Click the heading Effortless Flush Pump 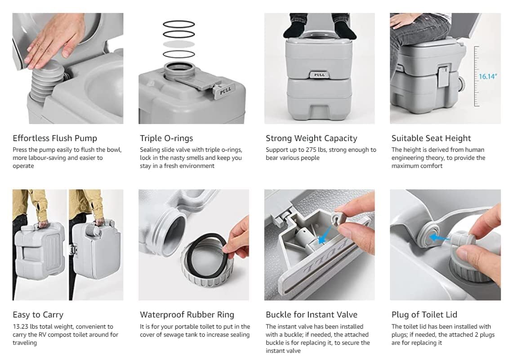tap(55, 138)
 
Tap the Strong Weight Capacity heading tap(311, 138)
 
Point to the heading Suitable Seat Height tap(431, 138)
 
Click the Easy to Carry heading tap(38, 315)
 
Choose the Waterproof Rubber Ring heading tap(187, 315)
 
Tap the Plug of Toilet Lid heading tap(424, 315)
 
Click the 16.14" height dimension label tap(487, 76)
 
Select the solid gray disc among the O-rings tap(178, 44)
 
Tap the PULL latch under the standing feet tap(319, 74)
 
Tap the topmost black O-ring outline tap(178, 24)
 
